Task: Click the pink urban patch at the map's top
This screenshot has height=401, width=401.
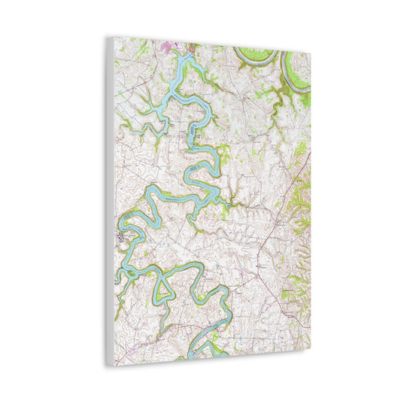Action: click(x=168, y=47)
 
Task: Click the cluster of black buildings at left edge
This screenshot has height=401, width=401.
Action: click(x=121, y=239)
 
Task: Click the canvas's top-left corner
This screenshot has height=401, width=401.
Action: click(x=107, y=37)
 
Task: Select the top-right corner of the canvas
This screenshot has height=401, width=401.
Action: click(x=310, y=50)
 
